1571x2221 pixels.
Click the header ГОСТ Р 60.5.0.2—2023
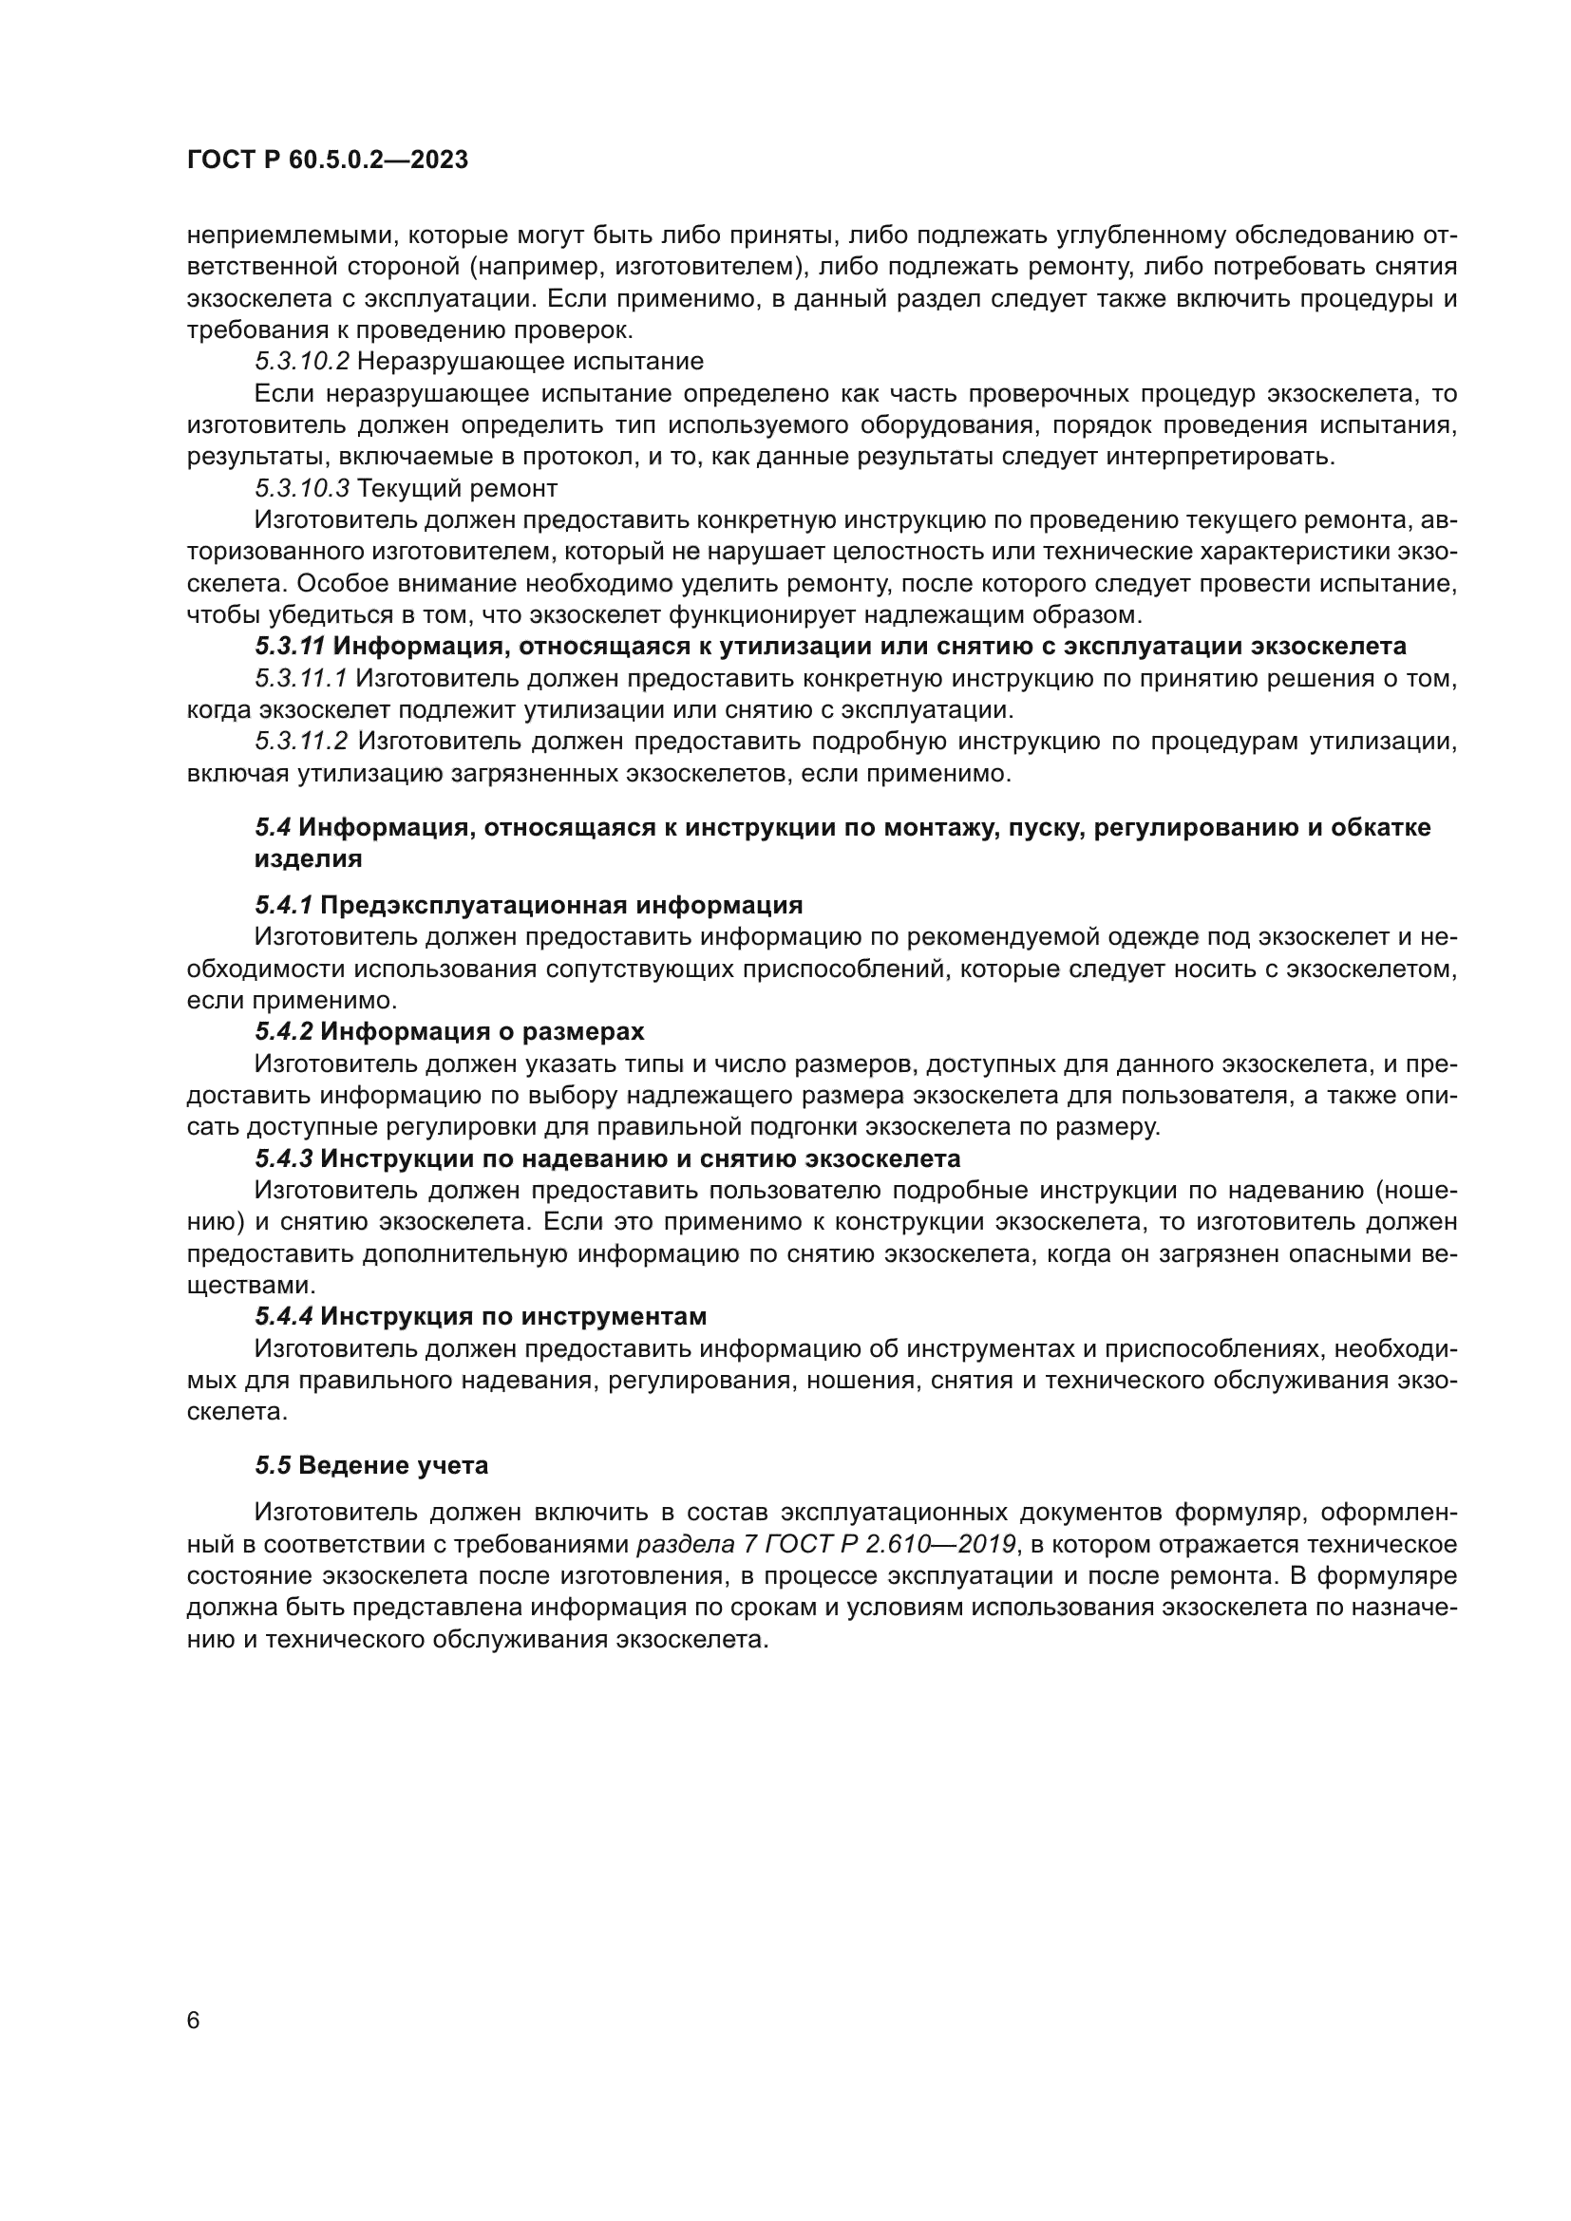[327, 160]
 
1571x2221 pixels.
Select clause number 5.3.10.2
[301, 362]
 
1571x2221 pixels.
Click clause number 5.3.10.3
[301, 488]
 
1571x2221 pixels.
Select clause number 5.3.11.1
[301, 678]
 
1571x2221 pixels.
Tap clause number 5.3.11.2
[301, 742]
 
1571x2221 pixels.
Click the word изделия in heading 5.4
[308, 858]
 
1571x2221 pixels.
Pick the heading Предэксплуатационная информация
[561, 906]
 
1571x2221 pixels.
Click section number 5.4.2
[283, 1031]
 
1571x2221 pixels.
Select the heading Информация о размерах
[482, 1031]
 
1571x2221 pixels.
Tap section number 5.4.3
[283, 1158]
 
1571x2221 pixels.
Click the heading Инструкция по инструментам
[513, 1316]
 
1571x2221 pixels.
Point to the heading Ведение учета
[393, 1465]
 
